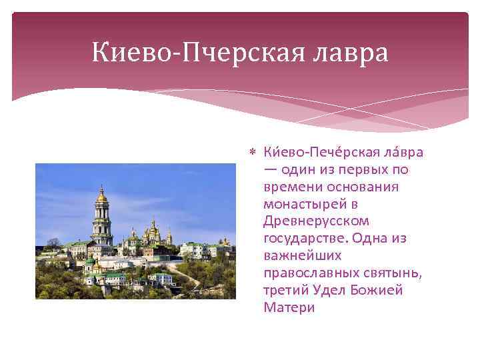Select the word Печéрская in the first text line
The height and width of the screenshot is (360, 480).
[x=335, y=152]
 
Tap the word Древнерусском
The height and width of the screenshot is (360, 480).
[x=316, y=221]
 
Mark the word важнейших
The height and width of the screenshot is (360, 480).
[x=302, y=255]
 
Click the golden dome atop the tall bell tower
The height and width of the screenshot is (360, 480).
[x=102, y=195]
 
